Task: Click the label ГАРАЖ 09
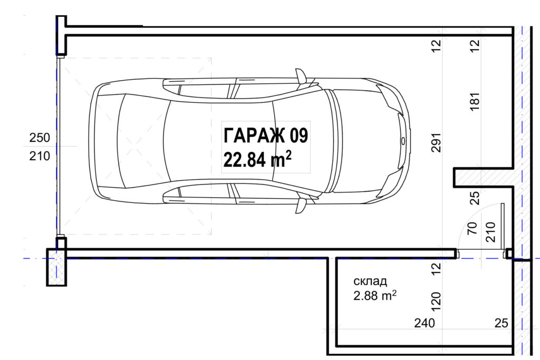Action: (266, 135)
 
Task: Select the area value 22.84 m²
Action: (257, 159)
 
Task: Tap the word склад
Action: (370, 281)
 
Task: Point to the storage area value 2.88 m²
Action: (375, 295)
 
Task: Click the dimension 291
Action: (436, 142)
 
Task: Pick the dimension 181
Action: (475, 102)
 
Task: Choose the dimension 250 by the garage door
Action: (40, 138)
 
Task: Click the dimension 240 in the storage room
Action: (425, 323)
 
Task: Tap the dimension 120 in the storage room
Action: (436, 301)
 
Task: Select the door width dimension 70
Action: (472, 228)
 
